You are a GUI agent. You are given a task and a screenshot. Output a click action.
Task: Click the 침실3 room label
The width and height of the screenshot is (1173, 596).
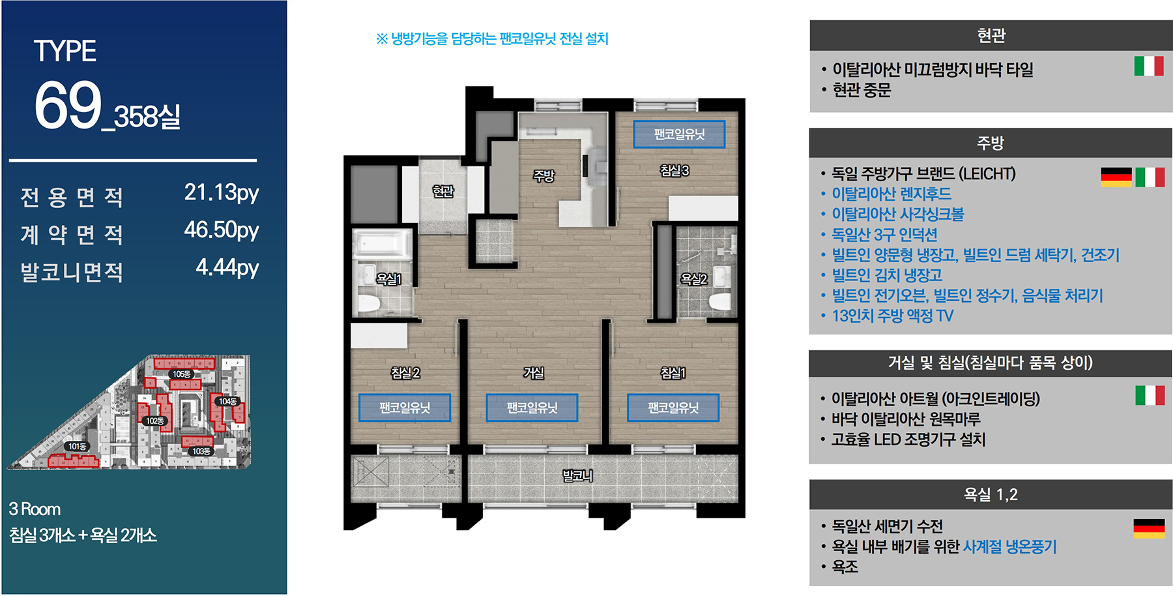click(x=674, y=171)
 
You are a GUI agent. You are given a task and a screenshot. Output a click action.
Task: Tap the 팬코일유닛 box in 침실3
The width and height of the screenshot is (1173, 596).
click(x=679, y=134)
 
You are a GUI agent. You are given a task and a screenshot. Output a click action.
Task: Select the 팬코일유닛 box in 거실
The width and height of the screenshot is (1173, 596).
click(x=532, y=408)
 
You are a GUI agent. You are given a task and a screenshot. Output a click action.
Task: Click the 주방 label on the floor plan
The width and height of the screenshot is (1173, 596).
click(x=543, y=175)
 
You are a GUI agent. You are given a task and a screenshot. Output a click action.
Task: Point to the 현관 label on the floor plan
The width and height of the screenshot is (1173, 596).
click(x=443, y=191)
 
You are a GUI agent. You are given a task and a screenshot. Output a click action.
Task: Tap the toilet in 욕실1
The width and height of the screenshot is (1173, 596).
click(x=369, y=304)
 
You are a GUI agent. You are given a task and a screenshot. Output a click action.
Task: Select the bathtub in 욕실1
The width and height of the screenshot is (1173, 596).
click(x=382, y=243)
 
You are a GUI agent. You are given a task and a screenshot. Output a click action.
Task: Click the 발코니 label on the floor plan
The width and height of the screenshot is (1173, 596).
click(x=577, y=476)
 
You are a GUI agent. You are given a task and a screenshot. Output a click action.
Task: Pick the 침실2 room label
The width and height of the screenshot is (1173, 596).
click(x=405, y=373)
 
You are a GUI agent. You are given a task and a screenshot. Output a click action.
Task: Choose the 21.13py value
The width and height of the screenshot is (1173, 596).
click(x=222, y=193)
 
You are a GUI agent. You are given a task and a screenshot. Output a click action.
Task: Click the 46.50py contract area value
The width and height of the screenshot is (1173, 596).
click(x=222, y=230)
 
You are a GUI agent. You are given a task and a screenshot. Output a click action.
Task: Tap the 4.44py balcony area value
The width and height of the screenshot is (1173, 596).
click(x=227, y=267)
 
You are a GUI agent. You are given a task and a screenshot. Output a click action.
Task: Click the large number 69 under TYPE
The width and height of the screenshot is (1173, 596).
click(x=68, y=105)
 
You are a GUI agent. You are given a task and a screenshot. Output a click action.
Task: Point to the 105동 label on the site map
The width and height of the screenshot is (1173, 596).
click(x=181, y=374)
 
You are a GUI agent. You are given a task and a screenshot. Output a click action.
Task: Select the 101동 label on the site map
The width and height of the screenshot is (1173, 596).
click(x=77, y=447)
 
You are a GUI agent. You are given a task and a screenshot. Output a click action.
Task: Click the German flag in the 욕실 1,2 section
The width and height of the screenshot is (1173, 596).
click(x=1149, y=529)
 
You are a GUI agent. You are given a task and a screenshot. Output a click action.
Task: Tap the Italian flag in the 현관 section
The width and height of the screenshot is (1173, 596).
click(x=1149, y=66)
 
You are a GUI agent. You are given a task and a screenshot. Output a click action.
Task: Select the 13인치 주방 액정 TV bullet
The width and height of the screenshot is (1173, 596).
click(x=892, y=316)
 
